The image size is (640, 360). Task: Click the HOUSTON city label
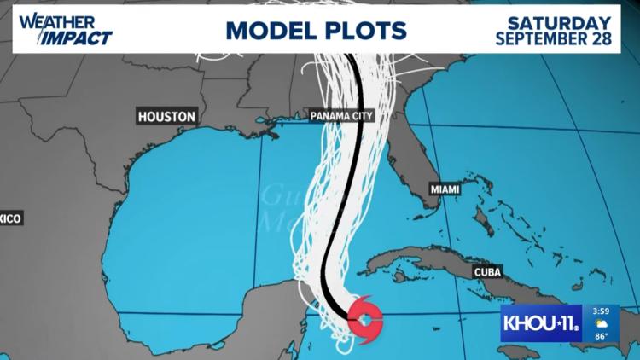[x=166, y=116]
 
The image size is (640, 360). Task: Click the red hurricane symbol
[x=364, y=319]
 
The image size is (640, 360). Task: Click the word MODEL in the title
[x=271, y=31]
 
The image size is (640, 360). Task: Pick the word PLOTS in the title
[x=366, y=31]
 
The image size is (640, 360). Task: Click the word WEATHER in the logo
[x=46, y=20]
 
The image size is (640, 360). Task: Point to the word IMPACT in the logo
[x=81, y=38]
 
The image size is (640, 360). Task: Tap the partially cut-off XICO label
[x=9, y=219]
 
